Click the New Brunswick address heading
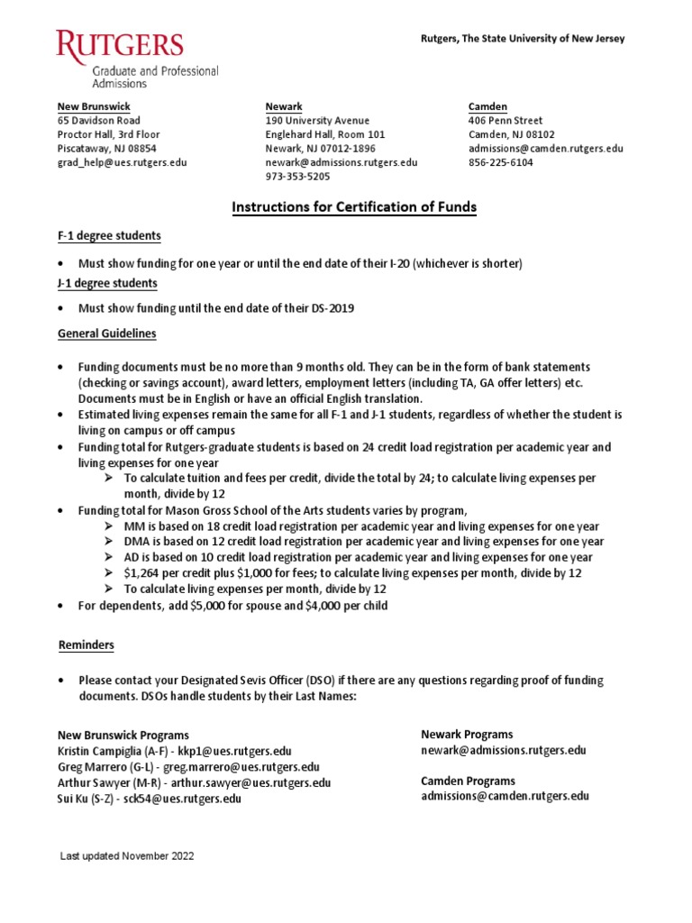94,106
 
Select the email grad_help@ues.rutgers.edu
123,163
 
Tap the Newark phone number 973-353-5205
297,178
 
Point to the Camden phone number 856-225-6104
500,163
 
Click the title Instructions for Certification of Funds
354,208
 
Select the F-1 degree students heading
110,236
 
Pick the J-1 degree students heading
107,283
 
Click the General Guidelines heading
107,334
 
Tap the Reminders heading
86,646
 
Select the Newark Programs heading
467,735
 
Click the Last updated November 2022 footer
127,856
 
